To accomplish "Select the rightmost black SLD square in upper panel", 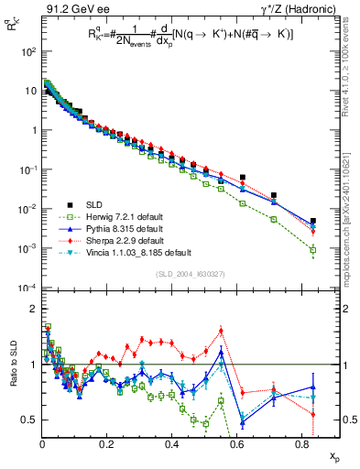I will point(313,221).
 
